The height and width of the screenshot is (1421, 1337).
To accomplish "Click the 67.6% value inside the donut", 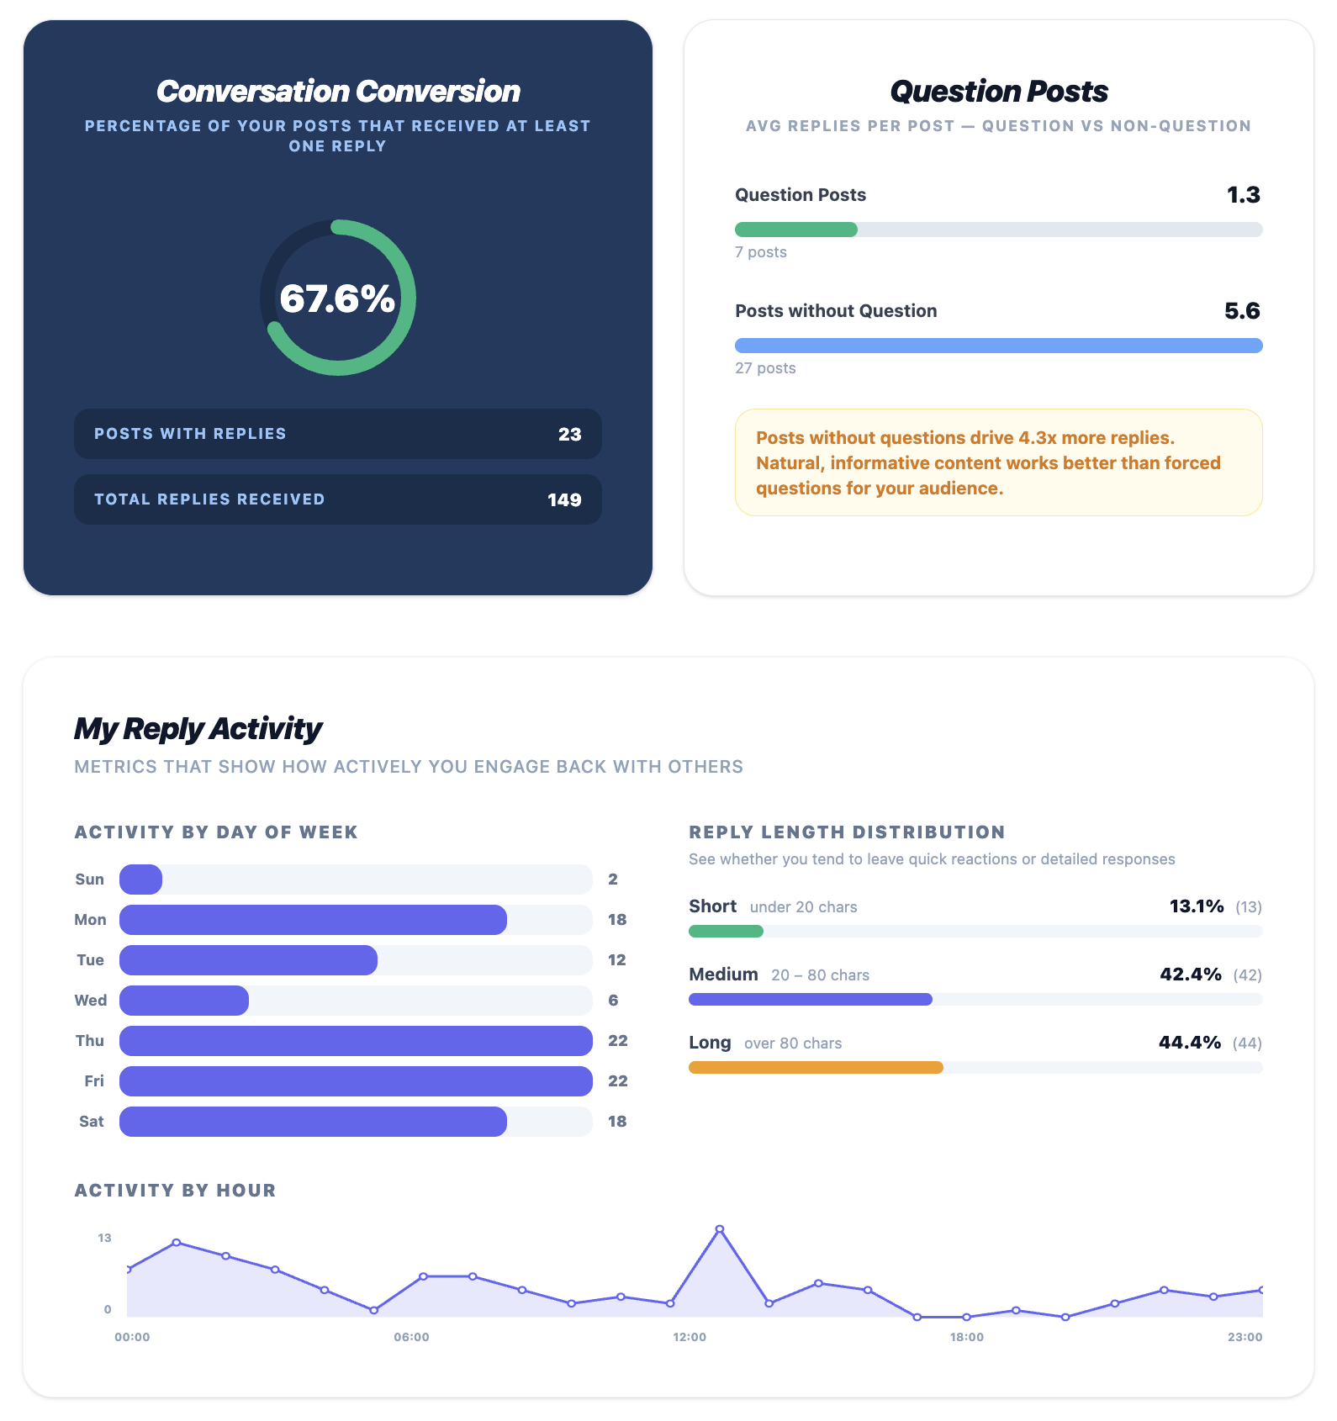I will point(337,298).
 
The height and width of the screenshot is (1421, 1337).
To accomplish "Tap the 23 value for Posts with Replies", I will point(569,434).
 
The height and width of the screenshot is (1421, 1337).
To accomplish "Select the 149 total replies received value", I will point(564,499).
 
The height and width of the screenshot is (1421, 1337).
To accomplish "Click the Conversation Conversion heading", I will point(338,91).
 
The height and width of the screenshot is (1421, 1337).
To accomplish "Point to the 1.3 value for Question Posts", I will point(1243,195).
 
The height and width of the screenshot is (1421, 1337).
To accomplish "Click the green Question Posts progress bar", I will point(795,230).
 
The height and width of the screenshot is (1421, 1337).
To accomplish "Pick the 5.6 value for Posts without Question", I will point(1242,311).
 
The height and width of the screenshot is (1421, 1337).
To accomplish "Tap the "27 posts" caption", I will point(765,368).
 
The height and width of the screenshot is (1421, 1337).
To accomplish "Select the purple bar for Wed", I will point(184,1001).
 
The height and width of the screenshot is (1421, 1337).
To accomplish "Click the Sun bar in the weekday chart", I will point(140,880).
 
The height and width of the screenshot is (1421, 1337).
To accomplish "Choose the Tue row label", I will point(90,960).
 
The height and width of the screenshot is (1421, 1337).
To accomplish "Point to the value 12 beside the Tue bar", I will point(617,960).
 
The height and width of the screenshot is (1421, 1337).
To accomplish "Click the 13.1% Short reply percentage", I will point(1197,906).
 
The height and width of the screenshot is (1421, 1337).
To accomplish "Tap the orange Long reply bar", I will point(816,1068).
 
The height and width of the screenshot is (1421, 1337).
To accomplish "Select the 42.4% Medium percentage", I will point(1191,975).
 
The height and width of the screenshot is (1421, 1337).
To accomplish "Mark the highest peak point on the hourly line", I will point(720,1229).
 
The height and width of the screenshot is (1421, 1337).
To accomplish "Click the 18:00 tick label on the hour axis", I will point(967,1337).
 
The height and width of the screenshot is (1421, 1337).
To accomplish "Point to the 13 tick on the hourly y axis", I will point(104,1238).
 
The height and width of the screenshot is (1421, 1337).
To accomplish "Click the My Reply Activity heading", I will point(198,728).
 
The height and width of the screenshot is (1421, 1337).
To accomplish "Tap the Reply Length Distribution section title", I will point(847,832).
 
